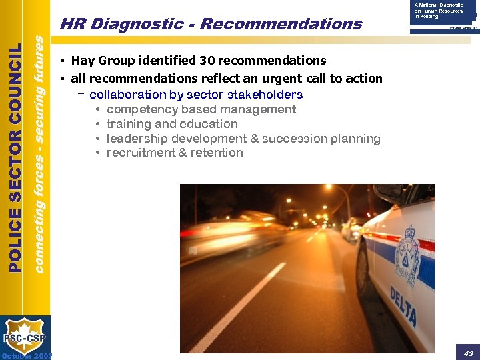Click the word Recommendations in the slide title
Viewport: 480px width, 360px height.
(x=281, y=25)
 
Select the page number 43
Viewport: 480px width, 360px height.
(x=468, y=353)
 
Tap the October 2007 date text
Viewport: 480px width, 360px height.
(x=27, y=355)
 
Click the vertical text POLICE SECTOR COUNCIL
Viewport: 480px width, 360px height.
(x=15, y=157)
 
